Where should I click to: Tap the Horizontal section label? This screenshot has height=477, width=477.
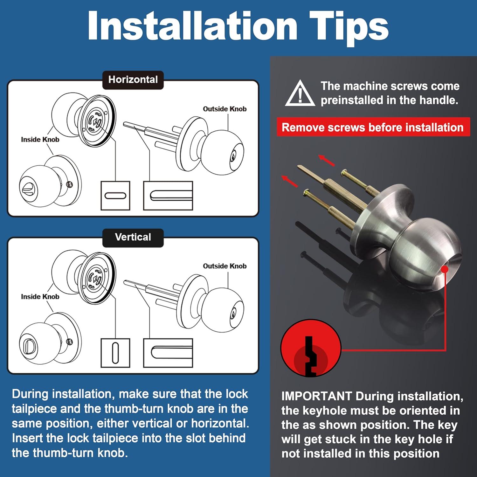133,80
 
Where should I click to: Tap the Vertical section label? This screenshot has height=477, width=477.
133,238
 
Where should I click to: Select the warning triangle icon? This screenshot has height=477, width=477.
300,93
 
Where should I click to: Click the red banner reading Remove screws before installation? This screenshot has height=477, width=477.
373,127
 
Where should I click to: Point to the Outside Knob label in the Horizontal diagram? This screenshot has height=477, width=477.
225,109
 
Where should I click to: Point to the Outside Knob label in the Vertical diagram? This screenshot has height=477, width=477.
225,266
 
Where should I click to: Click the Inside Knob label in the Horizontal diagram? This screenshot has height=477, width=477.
40,140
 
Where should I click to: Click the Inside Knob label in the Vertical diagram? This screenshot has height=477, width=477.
40,297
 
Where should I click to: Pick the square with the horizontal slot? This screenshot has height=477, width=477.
115,196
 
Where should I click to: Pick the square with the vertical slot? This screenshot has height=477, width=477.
115,353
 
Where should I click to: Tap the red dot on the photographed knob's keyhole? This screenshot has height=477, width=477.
445,269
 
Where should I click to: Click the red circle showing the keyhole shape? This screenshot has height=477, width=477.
311,348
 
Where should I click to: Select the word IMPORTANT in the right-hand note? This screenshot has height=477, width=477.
316,396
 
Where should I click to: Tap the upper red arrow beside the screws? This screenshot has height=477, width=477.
327,160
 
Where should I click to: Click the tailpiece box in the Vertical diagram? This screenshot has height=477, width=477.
168,353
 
